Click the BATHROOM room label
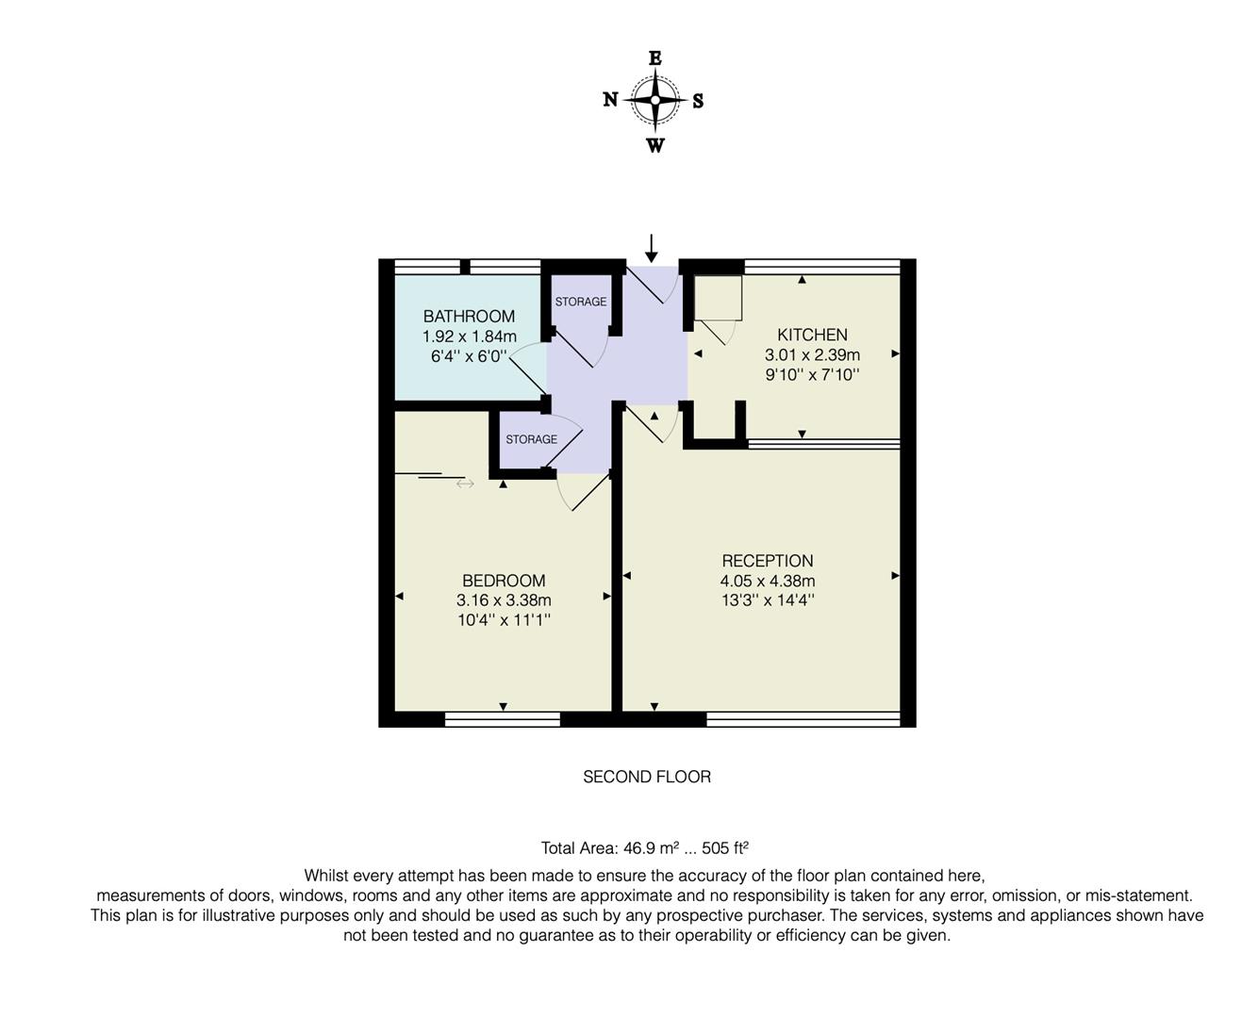(469, 316)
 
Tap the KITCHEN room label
(811, 335)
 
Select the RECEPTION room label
(767, 561)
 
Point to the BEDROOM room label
(504, 581)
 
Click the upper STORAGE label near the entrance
(580, 302)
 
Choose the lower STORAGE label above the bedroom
(531, 439)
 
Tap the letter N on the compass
(610, 100)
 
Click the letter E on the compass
(654, 58)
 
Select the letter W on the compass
(654, 145)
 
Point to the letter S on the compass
(698, 102)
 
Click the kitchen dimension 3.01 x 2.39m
(811, 355)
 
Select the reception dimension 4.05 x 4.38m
(767, 581)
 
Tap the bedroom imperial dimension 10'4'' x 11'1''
(504, 620)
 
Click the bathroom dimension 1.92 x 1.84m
(469, 337)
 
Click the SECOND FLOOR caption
(646, 777)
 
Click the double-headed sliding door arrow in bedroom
(465, 484)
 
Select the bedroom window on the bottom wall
(502, 719)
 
